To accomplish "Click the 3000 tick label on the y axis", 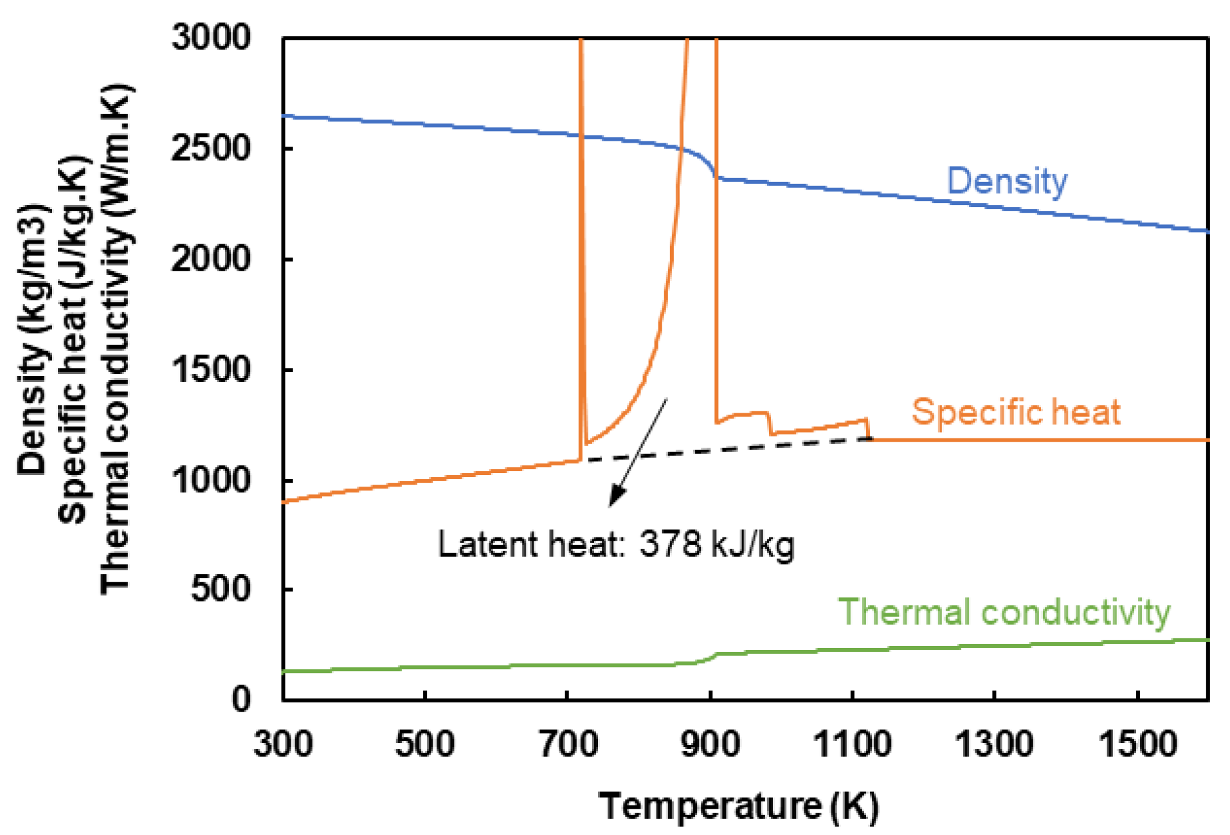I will point(211,37).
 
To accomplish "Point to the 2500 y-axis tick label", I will point(211,148).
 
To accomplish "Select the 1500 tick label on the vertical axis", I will point(211,370).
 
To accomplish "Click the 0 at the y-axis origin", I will point(241,699).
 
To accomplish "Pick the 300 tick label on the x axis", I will point(283,744).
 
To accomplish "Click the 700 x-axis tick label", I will point(568,744).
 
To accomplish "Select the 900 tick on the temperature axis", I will point(710,744).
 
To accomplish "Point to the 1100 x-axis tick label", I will point(852,744).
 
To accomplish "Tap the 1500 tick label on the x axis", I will point(1137,744).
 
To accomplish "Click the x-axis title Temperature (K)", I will point(738,806).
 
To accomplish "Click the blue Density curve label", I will point(1007,181).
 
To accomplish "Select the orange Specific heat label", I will point(1016,412).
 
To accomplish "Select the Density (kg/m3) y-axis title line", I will point(32,341).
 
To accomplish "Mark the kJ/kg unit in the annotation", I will point(753,545).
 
